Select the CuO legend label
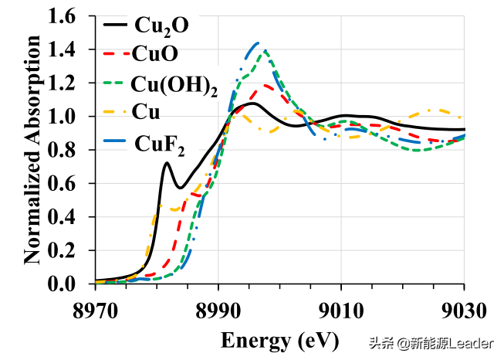tap(155, 54)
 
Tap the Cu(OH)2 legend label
tap(174, 86)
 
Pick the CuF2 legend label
tap(160, 144)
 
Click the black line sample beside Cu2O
tap(117, 25)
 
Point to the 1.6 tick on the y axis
tap(69, 16)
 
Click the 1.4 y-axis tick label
tap(69, 50)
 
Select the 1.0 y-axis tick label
tap(69, 117)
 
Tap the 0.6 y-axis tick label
tap(69, 184)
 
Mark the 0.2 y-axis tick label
tap(69, 251)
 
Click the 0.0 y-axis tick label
tap(69, 284)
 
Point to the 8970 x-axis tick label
tap(96, 311)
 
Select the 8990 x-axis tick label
tap(218, 311)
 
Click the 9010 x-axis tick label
tap(342, 311)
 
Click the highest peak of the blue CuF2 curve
tap(258, 43)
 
